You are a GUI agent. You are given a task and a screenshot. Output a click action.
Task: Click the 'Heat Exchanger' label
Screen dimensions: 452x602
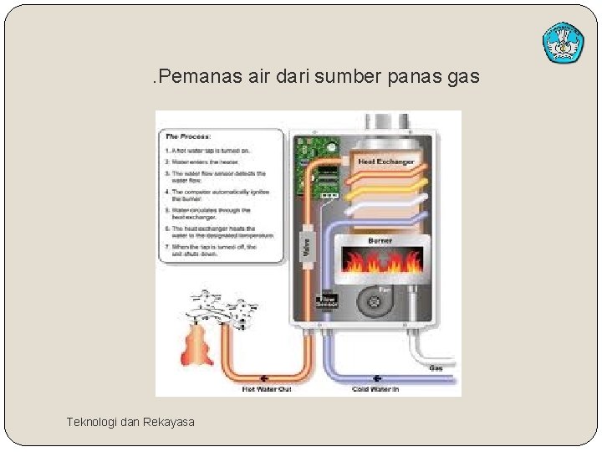point(385,161)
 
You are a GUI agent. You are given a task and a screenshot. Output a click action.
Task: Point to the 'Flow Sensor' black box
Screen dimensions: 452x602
point(327,300)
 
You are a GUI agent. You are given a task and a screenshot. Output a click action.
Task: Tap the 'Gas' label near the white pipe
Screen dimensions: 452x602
point(436,368)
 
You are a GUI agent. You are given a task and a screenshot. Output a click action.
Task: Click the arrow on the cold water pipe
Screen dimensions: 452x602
point(375,378)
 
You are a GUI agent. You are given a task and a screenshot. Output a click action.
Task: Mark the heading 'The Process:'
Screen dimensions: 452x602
point(189,136)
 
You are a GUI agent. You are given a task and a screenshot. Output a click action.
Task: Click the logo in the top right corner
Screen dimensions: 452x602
point(563,43)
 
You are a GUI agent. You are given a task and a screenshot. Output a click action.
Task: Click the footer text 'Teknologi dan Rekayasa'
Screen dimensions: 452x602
point(130,422)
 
